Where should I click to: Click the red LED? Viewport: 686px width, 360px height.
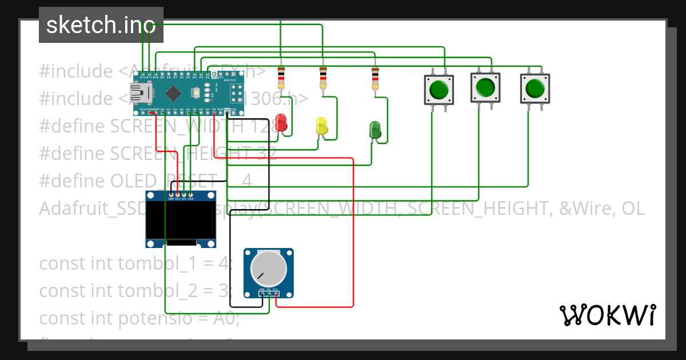pyautogui.click(x=281, y=122)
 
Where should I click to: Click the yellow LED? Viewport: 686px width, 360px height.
pyautogui.click(x=322, y=126)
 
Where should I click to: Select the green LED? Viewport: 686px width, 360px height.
pyautogui.click(x=375, y=129)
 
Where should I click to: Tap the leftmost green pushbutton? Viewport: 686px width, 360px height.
pyautogui.click(x=438, y=90)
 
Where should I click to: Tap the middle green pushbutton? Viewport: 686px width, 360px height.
pyautogui.click(x=485, y=87)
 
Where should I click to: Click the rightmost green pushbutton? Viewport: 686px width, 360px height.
pyautogui.click(x=535, y=89)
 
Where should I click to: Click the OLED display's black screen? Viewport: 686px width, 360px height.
pyautogui.click(x=181, y=221)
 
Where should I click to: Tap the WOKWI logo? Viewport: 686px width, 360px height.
pyautogui.click(x=607, y=315)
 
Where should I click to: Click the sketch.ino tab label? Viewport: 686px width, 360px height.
pyautogui.click(x=101, y=25)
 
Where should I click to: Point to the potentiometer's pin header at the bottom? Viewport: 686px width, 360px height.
pyautogui.click(x=269, y=294)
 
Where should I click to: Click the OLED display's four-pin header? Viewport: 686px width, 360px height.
pyautogui.click(x=181, y=195)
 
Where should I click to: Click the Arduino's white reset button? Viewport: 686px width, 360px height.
pyautogui.click(x=196, y=91)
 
